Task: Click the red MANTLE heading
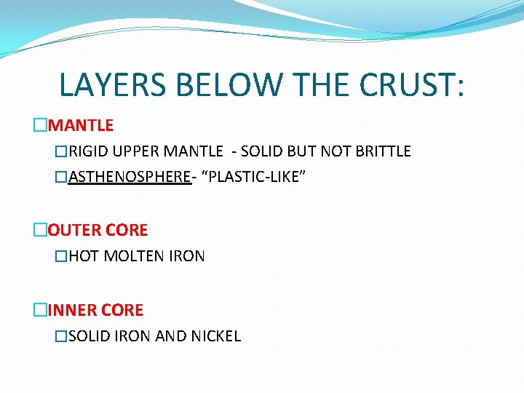pyautogui.click(x=81, y=126)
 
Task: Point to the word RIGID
pyautogui.click(x=86, y=151)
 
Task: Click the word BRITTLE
pyautogui.click(x=384, y=151)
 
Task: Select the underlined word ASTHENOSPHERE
pyautogui.click(x=130, y=178)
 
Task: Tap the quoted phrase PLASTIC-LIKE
pyautogui.click(x=250, y=178)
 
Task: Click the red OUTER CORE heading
pyautogui.click(x=98, y=231)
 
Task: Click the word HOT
pyautogui.click(x=84, y=256)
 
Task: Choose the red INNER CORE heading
pyautogui.click(x=95, y=310)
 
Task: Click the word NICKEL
pyautogui.click(x=216, y=336)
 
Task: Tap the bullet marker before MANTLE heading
pyautogui.click(x=39, y=126)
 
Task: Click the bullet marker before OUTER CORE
pyautogui.click(x=39, y=231)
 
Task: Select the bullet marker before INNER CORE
pyautogui.click(x=39, y=310)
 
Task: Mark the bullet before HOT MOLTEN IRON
pyautogui.click(x=62, y=256)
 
